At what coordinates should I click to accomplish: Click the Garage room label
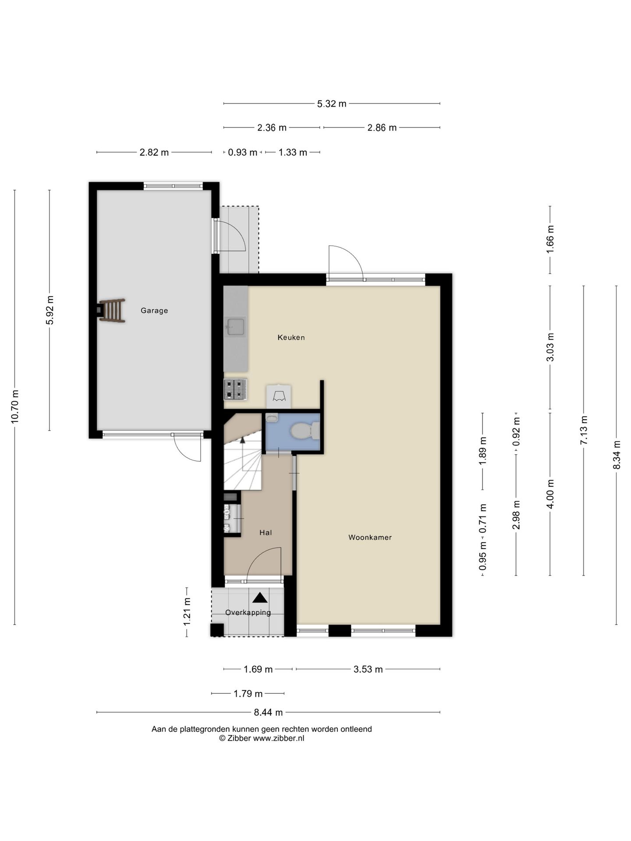pyautogui.click(x=154, y=311)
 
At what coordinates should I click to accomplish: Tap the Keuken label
pyautogui.click(x=291, y=337)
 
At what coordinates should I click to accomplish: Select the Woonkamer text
pyautogui.click(x=370, y=537)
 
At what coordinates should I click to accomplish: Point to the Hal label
pyautogui.click(x=266, y=533)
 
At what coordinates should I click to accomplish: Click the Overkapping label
pyautogui.click(x=248, y=613)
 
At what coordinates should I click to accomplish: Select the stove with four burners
pyautogui.click(x=235, y=389)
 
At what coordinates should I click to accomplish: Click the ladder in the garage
pyautogui.click(x=112, y=311)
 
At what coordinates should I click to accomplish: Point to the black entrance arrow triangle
pyautogui.click(x=260, y=597)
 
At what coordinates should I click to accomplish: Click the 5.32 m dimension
pyautogui.click(x=332, y=104)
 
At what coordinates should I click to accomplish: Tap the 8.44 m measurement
pyautogui.click(x=268, y=712)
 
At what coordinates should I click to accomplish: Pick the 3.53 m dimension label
pyautogui.click(x=368, y=669)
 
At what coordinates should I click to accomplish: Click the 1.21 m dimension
pyautogui.click(x=187, y=611)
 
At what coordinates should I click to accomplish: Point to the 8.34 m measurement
pyautogui.click(x=617, y=455)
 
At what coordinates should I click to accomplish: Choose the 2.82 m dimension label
pyautogui.click(x=154, y=152)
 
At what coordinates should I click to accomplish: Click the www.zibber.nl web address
pyautogui.click(x=279, y=738)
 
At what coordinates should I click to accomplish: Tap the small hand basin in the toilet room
pyautogui.click(x=272, y=417)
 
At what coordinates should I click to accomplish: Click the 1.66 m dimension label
pyautogui.click(x=550, y=239)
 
